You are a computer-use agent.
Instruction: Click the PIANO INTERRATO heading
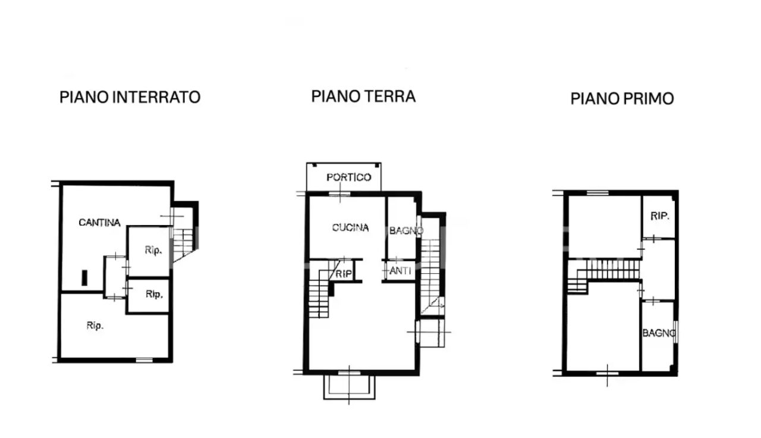click(130, 97)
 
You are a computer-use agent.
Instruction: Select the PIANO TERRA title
click(363, 96)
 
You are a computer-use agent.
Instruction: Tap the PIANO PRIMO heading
click(622, 99)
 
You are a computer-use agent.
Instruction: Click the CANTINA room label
click(99, 223)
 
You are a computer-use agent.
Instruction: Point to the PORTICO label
click(348, 177)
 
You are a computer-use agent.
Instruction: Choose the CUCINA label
click(350, 227)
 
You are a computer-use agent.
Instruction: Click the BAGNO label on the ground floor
click(406, 231)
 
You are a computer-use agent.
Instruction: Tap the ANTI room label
click(400, 271)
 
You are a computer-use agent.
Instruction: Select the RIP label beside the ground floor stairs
click(344, 274)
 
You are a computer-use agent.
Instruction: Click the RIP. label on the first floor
click(660, 216)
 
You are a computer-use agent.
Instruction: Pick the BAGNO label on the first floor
click(659, 333)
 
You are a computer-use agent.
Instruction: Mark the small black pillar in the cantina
click(84, 277)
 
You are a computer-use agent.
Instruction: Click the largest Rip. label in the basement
click(95, 326)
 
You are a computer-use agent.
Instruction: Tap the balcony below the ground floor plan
click(349, 387)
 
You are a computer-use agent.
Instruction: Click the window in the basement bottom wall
click(144, 360)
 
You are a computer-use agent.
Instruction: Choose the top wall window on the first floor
click(598, 193)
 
